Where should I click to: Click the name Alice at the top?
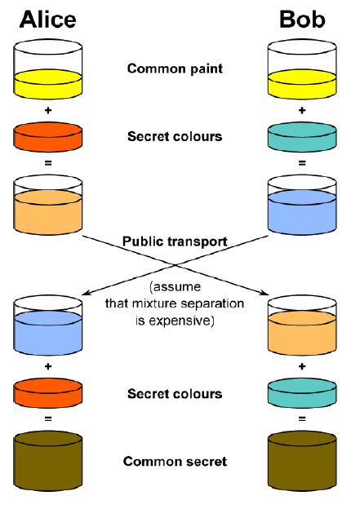click(x=48, y=20)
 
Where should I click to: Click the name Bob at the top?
click(x=302, y=20)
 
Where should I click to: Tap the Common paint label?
click(x=175, y=69)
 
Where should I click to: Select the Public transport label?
click(x=175, y=241)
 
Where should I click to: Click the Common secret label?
click(x=175, y=462)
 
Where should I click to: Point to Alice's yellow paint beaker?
click(x=48, y=69)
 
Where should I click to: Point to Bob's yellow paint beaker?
click(x=302, y=69)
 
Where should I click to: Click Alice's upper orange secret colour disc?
click(x=48, y=137)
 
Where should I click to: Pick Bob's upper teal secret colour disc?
click(x=302, y=137)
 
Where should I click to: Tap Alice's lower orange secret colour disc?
click(x=48, y=393)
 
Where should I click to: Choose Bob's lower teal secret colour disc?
click(x=302, y=393)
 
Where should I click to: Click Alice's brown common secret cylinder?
click(x=48, y=461)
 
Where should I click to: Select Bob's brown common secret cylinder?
click(x=302, y=461)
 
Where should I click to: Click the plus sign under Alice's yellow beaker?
click(x=48, y=110)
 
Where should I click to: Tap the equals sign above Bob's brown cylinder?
click(x=302, y=419)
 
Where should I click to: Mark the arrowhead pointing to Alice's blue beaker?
click(x=86, y=294)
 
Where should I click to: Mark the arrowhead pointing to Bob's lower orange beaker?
click(x=264, y=294)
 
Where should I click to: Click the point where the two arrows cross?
click(x=176, y=265)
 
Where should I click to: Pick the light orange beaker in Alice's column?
click(x=48, y=205)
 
